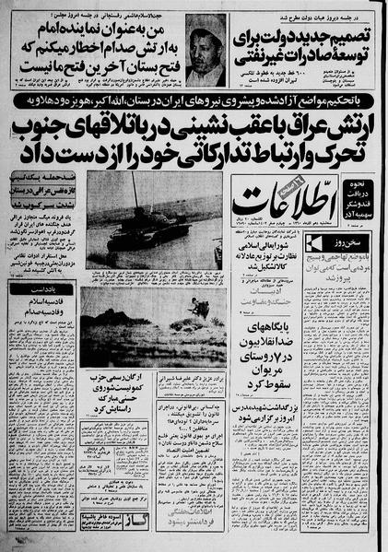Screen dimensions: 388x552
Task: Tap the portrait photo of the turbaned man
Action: tap(205, 51)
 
